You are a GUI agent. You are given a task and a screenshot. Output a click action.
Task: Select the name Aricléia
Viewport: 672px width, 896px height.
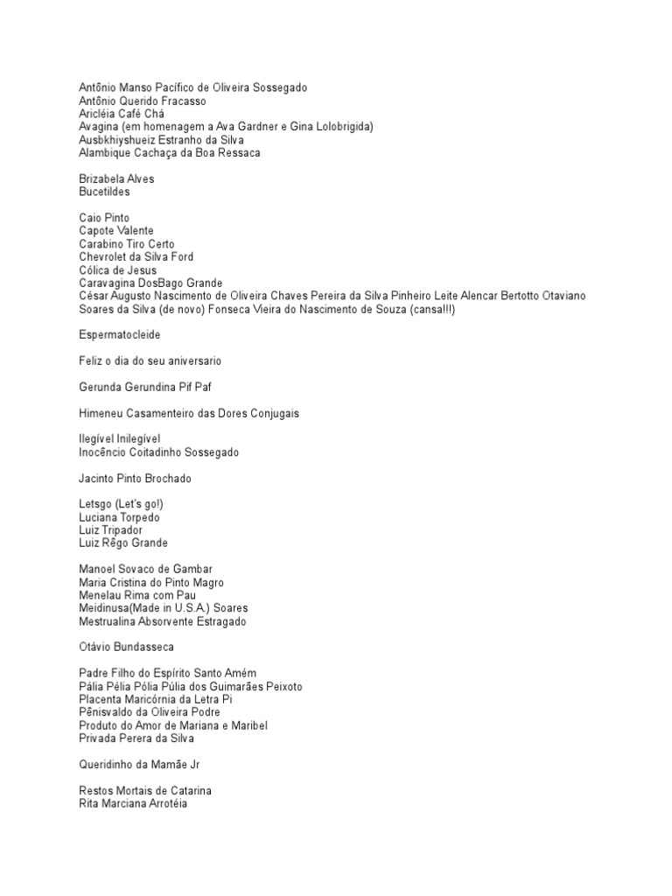(x=100, y=114)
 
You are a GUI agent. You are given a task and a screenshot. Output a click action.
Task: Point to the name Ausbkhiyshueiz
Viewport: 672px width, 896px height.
(x=122, y=140)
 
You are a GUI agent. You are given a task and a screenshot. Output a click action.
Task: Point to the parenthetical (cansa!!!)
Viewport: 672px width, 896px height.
(x=430, y=310)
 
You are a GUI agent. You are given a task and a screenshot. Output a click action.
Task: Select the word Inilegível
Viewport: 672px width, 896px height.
(x=134, y=438)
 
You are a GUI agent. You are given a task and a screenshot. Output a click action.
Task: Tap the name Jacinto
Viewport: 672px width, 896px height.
(x=99, y=479)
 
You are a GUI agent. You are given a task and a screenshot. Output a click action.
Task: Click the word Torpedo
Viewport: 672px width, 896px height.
(x=140, y=517)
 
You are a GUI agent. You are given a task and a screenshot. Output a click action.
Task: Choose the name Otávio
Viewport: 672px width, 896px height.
(x=97, y=647)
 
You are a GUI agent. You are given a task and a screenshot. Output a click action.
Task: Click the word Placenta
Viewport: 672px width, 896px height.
(x=102, y=699)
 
